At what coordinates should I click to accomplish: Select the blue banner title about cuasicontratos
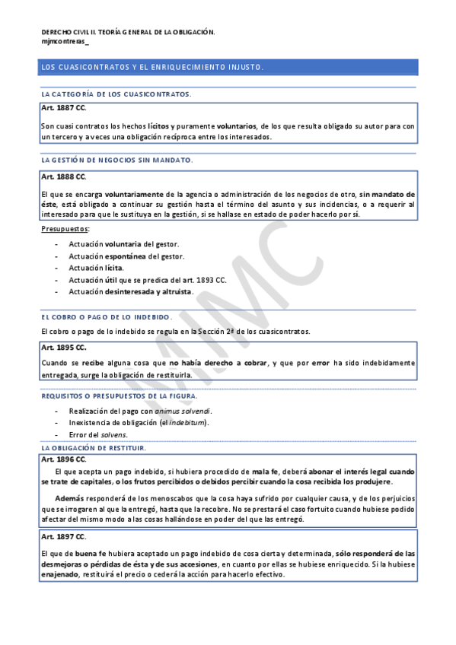click(x=152, y=68)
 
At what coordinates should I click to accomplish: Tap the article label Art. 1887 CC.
click(x=63, y=108)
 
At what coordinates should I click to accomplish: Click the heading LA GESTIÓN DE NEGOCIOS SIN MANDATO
click(x=117, y=160)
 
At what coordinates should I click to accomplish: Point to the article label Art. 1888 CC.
click(x=63, y=176)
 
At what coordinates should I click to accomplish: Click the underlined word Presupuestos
click(x=65, y=228)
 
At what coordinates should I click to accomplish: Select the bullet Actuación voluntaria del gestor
click(x=123, y=243)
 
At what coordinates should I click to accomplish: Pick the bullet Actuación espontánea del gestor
click(x=126, y=256)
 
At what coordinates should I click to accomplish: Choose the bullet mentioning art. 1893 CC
click(x=148, y=280)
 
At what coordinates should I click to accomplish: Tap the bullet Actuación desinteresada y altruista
click(x=131, y=292)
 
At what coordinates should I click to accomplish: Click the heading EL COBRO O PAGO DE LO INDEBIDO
click(x=107, y=316)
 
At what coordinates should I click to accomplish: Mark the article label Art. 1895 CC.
click(x=63, y=347)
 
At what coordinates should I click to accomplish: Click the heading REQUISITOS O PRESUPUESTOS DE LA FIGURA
click(x=120, y=396)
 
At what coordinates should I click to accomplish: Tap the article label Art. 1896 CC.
click(x=63, y=459)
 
